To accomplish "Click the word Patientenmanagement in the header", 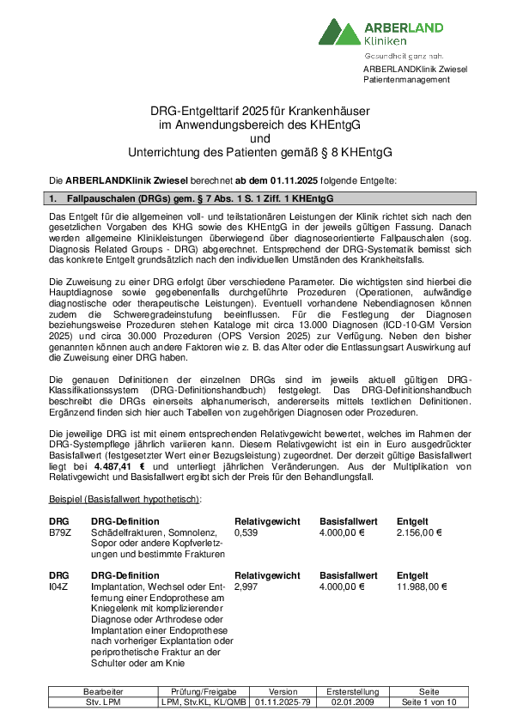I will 406,80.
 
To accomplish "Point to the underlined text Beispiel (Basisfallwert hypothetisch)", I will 124,499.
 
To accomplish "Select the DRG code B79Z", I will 59,532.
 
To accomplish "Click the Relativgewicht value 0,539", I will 246,532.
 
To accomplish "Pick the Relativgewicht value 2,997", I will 246,586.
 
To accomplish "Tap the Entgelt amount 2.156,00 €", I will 418,532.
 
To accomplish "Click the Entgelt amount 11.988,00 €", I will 421,586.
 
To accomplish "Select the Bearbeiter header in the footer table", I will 103,691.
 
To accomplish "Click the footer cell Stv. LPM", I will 103,702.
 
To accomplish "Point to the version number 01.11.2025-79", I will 283,702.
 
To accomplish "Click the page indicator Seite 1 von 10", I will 429,702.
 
